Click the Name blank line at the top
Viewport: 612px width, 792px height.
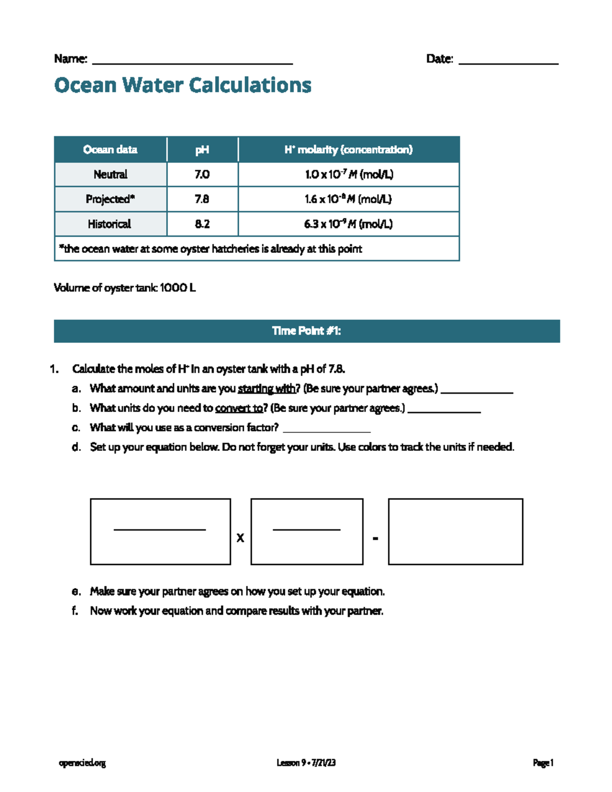(x=192, y=62)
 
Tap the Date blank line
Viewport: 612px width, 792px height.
(x=508, y=62)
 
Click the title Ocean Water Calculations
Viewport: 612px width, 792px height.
(x=183, y=85)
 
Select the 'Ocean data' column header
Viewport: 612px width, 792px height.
(x=110, y=149)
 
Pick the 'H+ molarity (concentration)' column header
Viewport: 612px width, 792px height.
(x=348, y=149)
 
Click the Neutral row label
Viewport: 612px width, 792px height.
(x=110, y=174)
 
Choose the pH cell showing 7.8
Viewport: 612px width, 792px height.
(x=202, y=199)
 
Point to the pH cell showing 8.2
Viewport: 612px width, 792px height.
(x=202, y=224)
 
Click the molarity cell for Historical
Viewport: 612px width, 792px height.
(x=348, y=224)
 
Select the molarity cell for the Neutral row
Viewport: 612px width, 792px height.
(x=349, y=174)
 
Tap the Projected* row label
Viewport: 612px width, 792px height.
(x=110, y=199)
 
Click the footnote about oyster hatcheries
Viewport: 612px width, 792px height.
(x=211, y=249)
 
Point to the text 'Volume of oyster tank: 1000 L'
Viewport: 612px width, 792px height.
(x=124, y=288)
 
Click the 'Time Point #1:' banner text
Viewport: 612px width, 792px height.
(x=307, y=331)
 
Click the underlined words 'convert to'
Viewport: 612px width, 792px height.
(x=239, y=408)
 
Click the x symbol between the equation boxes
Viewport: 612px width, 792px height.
(x=240, y=538)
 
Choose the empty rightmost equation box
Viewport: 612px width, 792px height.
(x=455, y=531)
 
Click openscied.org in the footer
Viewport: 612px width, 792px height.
(x=82, y=763)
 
